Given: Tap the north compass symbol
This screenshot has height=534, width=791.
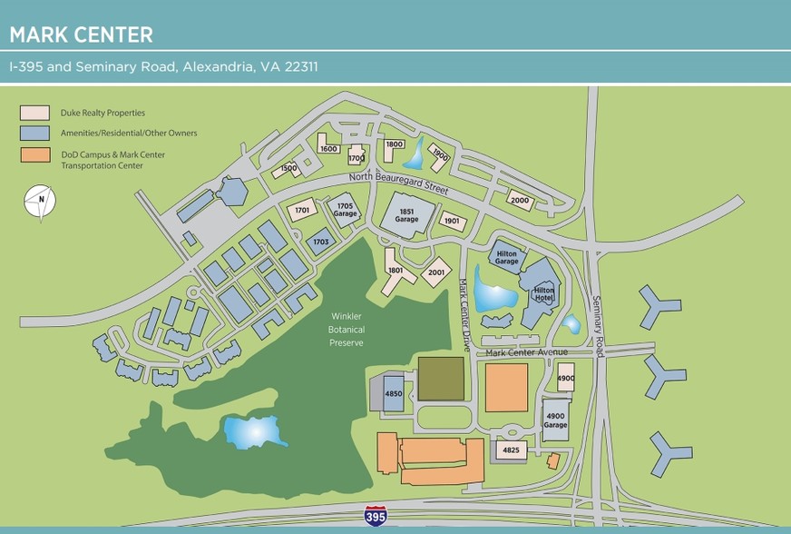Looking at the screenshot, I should [39, 202].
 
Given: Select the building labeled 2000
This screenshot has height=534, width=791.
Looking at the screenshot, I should [519, 201].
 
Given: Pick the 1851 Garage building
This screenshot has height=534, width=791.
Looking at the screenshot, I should [406, 215].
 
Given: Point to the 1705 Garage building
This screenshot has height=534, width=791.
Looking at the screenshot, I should [345, 210].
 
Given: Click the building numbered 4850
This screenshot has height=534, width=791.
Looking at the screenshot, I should [393, 394].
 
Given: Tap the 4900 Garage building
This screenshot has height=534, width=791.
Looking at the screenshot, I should [555, 420].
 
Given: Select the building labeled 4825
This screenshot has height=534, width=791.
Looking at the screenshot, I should [511, 449].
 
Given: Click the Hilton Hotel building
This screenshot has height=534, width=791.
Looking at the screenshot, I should [542, 293].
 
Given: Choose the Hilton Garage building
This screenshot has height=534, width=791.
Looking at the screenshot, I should [507, 257].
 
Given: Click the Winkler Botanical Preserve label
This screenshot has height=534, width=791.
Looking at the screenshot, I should [347, 330].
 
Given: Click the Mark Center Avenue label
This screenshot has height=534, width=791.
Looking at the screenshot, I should [526, 352].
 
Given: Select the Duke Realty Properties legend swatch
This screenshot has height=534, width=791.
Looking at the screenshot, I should [34, 113].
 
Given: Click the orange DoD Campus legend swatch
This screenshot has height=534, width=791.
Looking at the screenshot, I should [34, 154].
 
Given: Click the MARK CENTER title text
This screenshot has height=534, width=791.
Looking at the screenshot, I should [81, 35].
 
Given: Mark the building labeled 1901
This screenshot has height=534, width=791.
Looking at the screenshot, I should [452, 220].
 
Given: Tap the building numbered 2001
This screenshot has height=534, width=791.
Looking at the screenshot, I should [436, 272].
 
